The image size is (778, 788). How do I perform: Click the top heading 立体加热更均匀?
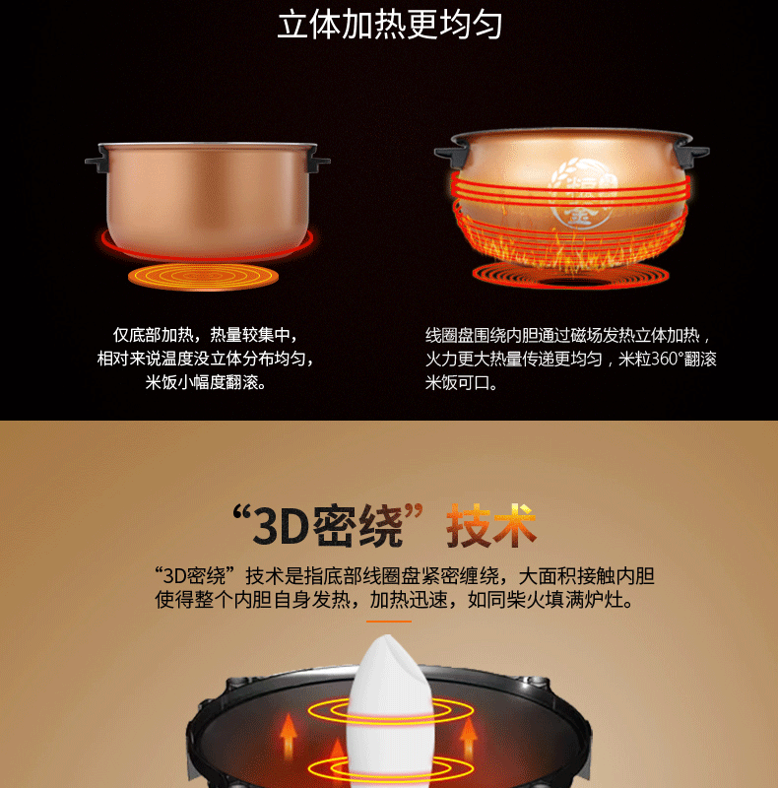click(389, 26)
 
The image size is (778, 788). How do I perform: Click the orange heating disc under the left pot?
click(203, 277)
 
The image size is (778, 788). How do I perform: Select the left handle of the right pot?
click(451, 153)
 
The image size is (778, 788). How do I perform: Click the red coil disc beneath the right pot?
click(570, 276)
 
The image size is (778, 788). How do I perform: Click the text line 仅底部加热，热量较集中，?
click(206, 335)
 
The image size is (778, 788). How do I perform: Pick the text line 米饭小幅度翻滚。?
click(206, 382)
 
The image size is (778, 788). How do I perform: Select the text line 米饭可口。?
click(462, 383)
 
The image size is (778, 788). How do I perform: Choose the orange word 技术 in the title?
click(491, 525)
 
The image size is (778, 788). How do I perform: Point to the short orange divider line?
click(388, 622)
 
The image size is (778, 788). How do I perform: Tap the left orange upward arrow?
click(288, 736)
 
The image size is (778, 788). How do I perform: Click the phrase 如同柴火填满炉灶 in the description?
click(546, 600)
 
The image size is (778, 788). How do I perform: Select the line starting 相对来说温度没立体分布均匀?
click(206, 359)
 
